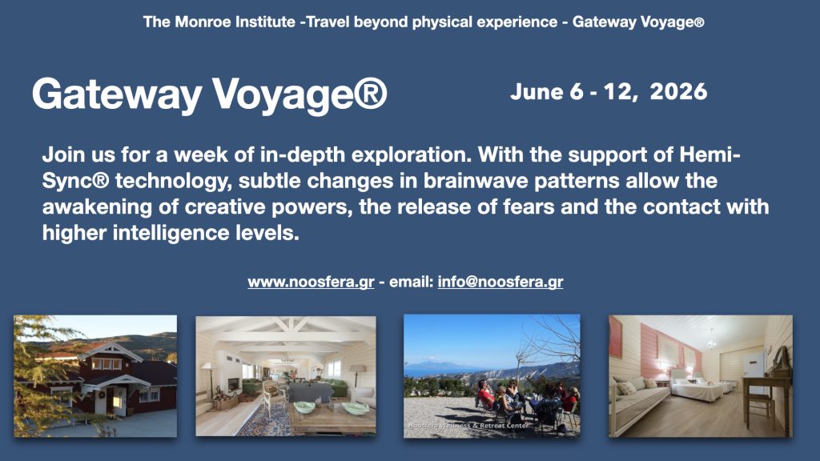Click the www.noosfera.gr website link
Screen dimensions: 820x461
point(311,283)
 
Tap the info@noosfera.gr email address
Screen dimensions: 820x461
point(500,283)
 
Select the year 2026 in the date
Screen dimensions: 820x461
point(678,92)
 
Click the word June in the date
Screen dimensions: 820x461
point(537,92)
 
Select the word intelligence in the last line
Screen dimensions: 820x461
point(171,233)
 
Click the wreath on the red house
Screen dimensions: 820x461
point(102,395)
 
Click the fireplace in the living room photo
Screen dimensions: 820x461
point(234,385)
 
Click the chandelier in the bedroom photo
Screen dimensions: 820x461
point(711,341)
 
